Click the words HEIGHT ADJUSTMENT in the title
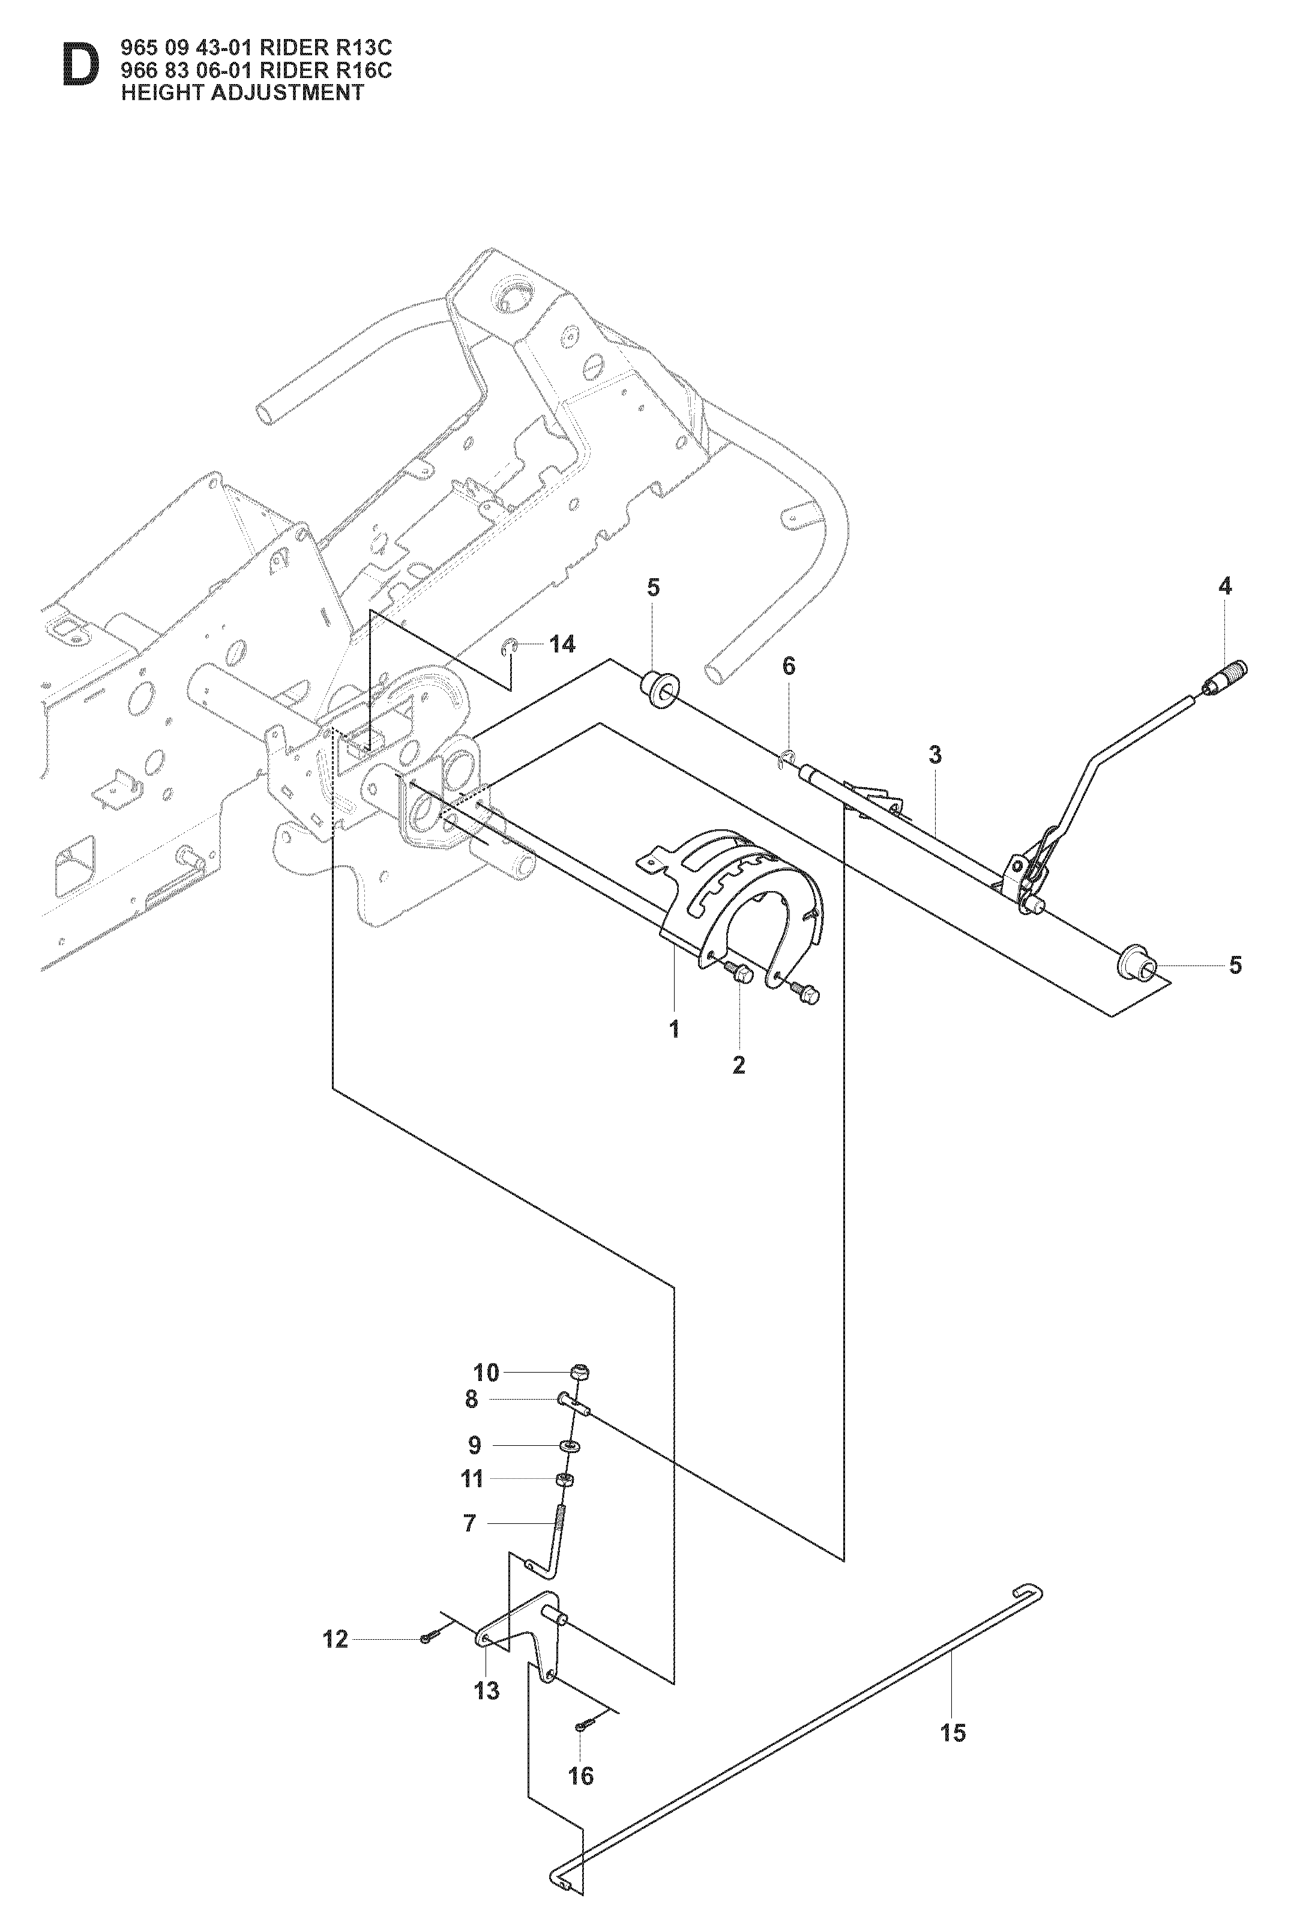pos(242,92)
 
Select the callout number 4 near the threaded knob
pos(1224,586)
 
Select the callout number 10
pos(487,1373)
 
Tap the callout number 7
pos(470,1523)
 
